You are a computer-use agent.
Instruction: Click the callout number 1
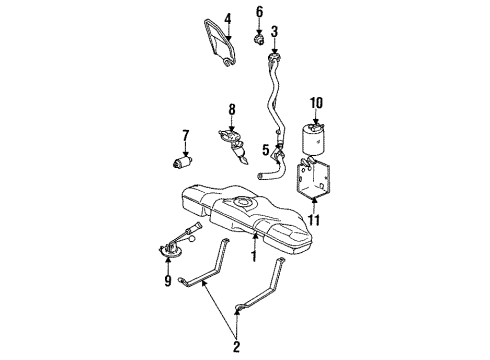point(254,257)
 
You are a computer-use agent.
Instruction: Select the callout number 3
point(273,31)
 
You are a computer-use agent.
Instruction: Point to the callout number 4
point(227,18)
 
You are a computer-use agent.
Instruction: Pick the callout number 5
point(265,151)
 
